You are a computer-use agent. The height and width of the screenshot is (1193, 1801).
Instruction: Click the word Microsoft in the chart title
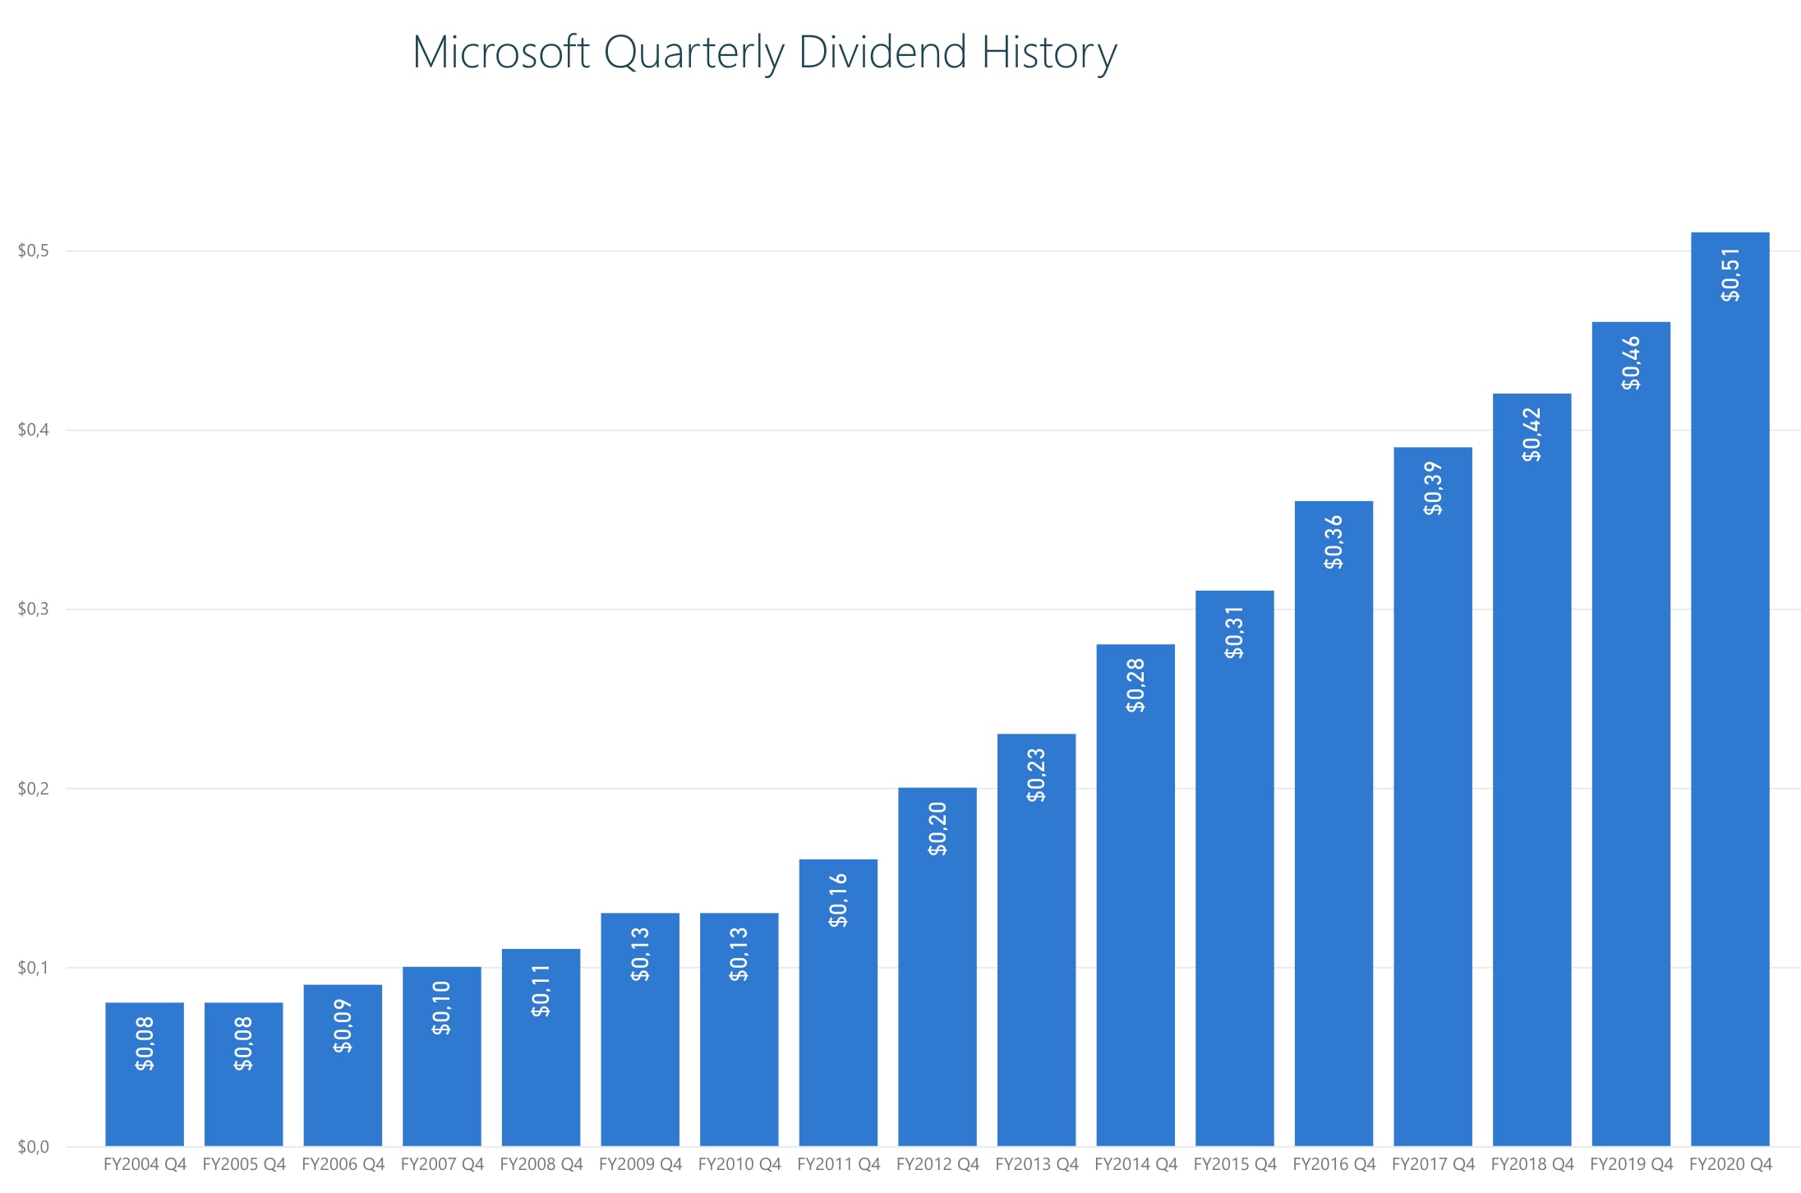pos(500,53)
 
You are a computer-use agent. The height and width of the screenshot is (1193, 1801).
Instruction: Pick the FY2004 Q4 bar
pos(145,1085)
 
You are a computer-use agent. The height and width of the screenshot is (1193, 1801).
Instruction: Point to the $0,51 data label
pos(1730,274)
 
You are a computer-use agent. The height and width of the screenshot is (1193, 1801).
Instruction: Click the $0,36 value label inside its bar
pos(1333,542)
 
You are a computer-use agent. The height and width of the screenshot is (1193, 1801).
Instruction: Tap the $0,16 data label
pos(838,901)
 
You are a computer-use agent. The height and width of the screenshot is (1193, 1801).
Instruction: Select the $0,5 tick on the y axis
pos(34,251)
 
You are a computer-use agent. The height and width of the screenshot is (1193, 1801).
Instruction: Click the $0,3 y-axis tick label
pos(34,609)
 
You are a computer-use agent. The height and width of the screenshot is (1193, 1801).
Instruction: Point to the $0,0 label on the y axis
pos(34,1146)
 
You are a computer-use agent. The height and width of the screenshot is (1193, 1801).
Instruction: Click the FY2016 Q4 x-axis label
pos(1333,1164)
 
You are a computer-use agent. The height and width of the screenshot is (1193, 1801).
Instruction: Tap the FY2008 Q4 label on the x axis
pos(541,1164)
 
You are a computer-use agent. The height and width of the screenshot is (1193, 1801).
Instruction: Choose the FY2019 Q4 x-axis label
pos(1631,1164)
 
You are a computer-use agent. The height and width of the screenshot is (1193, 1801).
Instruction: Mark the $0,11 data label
pos(541,991)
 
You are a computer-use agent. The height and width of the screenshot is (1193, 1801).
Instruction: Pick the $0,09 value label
pos(343,1025)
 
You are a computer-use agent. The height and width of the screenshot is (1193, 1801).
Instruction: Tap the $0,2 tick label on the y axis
pos(34,789)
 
